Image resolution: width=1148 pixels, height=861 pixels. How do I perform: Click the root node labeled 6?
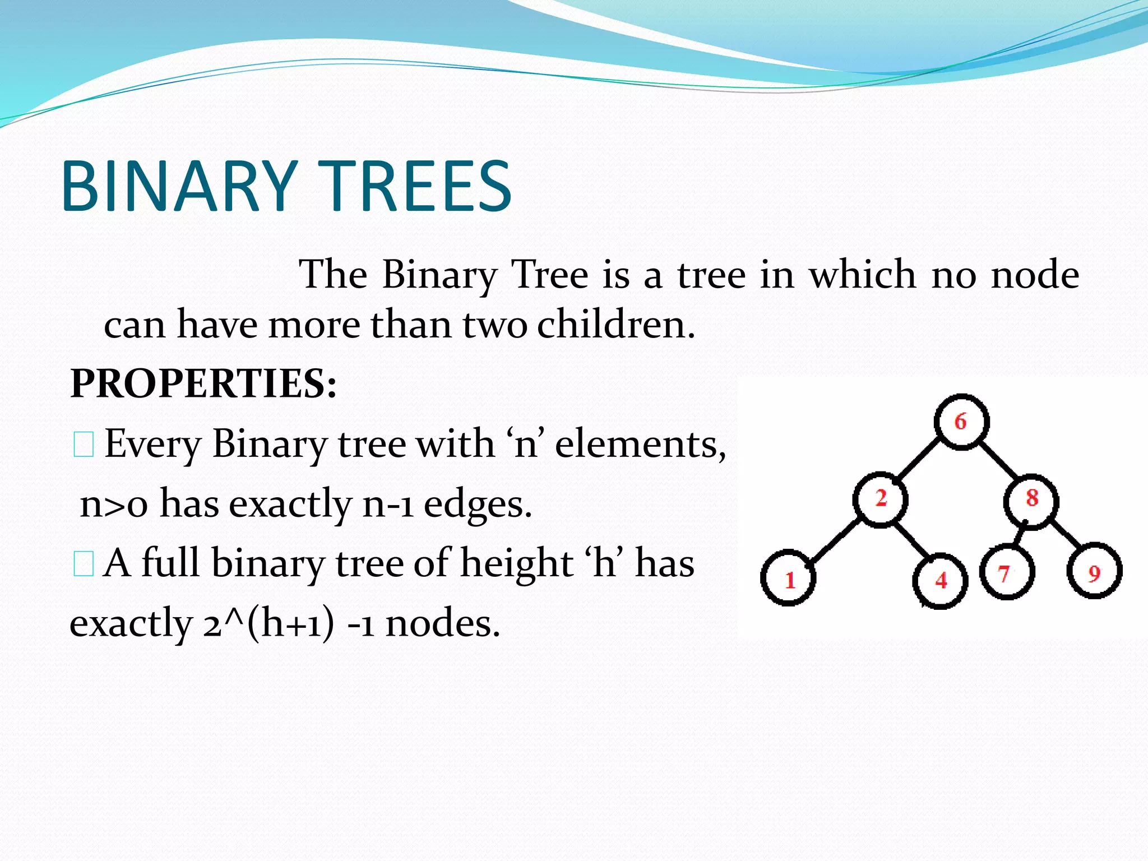[961, 422]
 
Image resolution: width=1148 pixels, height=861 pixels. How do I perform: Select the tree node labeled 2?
[880, 498]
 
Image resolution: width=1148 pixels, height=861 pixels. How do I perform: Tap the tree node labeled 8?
[1031, 498]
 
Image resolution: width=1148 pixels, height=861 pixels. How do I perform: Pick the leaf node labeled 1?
[788, 578]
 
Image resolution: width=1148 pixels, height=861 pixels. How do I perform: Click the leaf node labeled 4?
[940, 581]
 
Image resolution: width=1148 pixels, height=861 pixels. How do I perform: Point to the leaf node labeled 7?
[1007, 573]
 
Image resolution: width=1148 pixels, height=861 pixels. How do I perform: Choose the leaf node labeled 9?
[1094, 572]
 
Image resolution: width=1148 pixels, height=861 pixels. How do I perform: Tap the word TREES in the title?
[418, 186]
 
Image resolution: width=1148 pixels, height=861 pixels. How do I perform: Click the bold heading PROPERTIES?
[203, 384]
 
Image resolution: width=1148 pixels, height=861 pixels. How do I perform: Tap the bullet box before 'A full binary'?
[84, 564]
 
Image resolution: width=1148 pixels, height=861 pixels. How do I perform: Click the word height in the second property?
[516, 563]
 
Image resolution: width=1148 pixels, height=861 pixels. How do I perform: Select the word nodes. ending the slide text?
[442, 623]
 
